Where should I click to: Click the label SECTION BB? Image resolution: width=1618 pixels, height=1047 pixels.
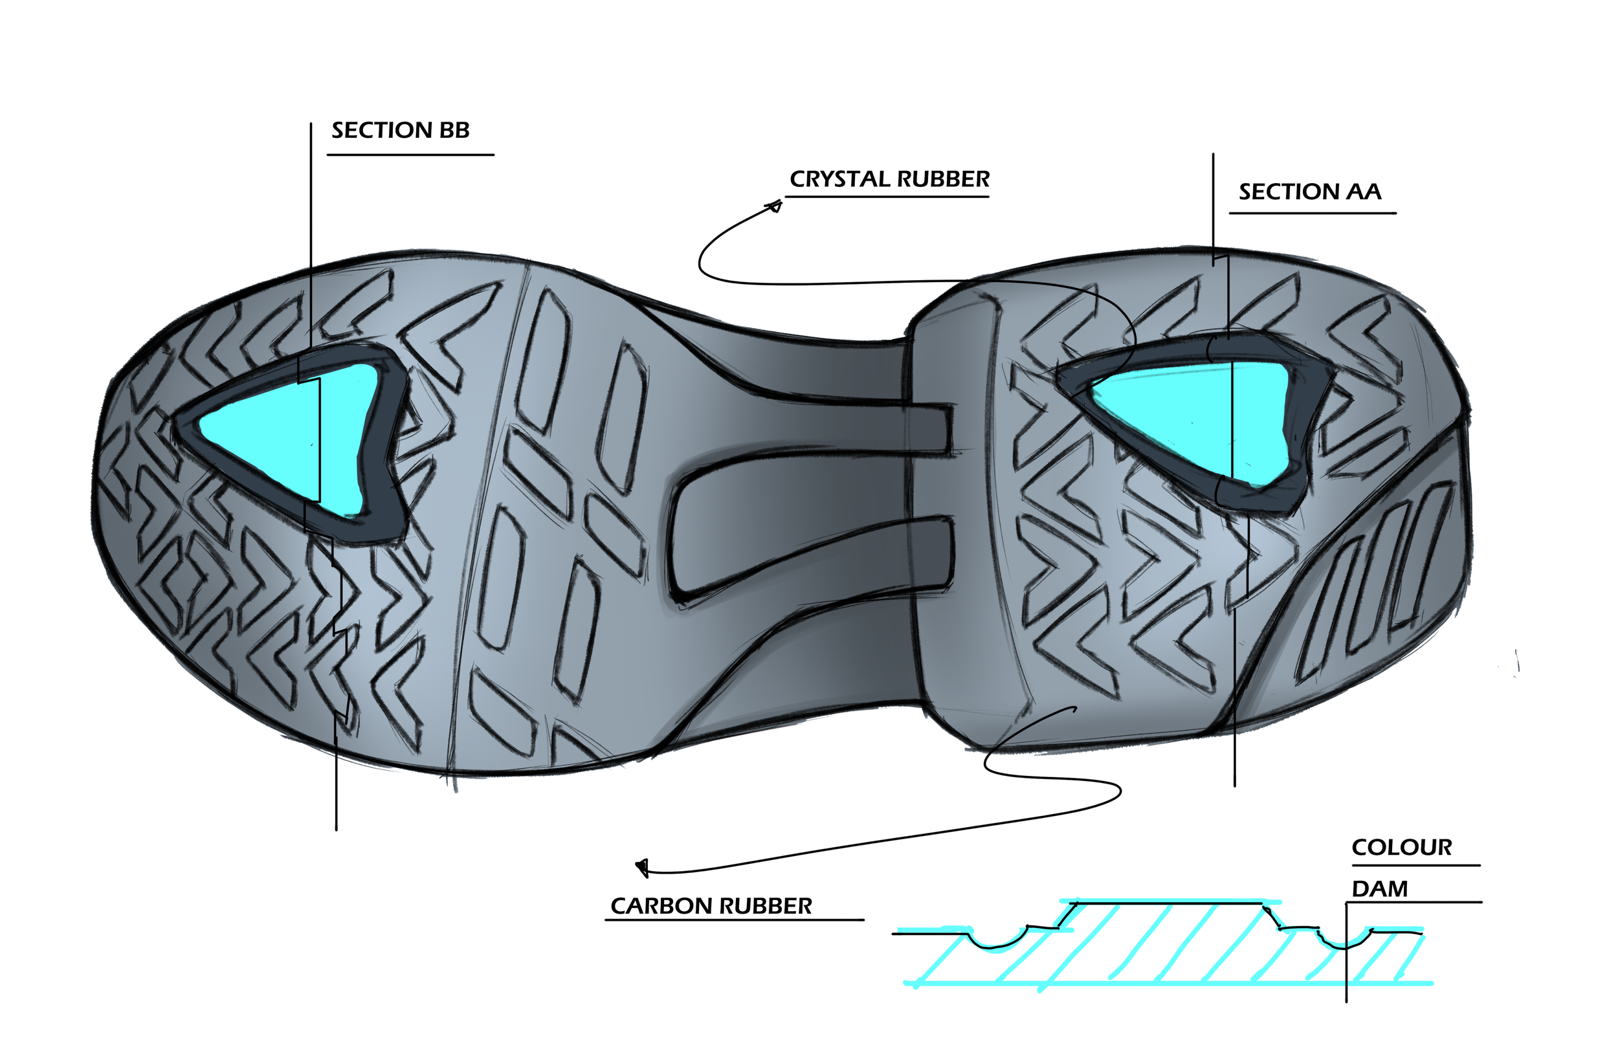[401, 130]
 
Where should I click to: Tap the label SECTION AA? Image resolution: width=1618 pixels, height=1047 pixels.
[1309, 192]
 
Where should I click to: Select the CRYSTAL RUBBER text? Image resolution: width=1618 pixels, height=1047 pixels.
[889, 179]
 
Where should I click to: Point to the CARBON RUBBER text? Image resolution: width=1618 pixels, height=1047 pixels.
[711, 907]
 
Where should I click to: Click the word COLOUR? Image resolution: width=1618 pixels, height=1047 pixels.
[1402, 848]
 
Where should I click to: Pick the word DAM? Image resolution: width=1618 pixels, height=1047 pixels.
[1379, 889]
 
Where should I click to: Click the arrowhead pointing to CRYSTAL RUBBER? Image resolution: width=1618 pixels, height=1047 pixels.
[774, 205]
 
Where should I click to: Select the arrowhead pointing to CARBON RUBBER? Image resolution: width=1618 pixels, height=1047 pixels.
[642, 868]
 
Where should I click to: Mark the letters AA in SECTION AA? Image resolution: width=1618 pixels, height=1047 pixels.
[1364, 192]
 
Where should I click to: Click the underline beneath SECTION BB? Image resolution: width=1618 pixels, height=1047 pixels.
[410, 155]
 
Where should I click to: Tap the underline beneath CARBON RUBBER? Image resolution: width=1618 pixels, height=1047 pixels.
[734, 920]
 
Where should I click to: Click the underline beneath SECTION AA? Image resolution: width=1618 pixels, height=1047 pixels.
[1312, 214]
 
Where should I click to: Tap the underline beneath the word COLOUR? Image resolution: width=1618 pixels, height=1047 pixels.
[1415, 865]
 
